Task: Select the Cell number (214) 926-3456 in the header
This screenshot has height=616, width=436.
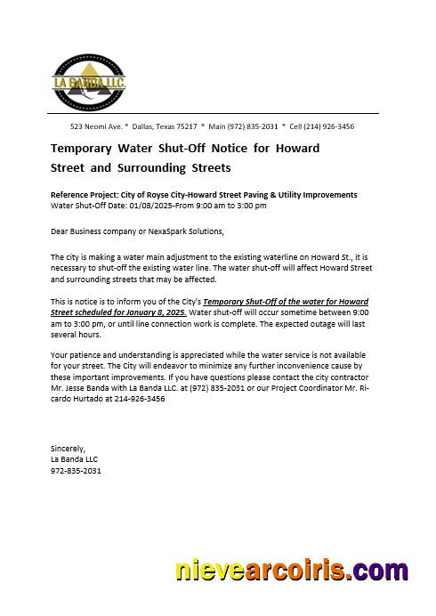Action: (321, 126)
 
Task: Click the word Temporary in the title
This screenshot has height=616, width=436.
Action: (85, 148)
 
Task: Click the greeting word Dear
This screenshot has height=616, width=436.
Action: (60, 231)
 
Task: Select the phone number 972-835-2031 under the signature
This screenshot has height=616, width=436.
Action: (76, 470)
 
